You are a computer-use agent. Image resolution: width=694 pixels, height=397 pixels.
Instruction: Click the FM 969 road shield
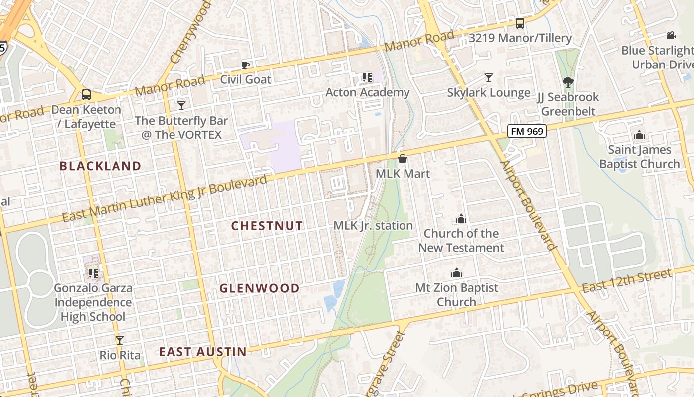526,132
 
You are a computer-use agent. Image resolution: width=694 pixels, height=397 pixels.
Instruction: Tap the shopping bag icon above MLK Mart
403,159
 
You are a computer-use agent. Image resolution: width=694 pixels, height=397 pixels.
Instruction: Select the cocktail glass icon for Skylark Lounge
489,78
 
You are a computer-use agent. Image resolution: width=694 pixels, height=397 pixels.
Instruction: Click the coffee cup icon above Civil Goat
245,65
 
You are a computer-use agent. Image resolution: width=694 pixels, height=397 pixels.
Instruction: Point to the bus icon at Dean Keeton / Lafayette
86,95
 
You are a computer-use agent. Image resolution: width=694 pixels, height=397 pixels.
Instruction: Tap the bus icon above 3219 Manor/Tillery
520,23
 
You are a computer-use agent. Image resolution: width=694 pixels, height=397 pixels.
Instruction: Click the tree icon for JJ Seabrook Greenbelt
568,82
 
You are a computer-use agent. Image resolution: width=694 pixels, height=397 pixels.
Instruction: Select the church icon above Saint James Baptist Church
639,135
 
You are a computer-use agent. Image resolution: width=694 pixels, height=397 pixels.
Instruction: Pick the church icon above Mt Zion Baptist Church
456,273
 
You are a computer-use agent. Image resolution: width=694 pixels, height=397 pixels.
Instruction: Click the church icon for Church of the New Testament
461,219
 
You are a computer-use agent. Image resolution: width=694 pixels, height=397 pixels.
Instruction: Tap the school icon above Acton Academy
367,77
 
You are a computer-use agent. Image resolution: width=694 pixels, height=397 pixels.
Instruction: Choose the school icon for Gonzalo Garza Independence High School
93,273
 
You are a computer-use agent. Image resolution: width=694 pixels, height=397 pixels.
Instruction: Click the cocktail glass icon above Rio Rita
119,340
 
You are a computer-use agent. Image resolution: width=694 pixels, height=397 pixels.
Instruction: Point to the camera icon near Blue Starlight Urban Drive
671,36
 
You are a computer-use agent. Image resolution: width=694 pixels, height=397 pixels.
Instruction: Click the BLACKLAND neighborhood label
101,166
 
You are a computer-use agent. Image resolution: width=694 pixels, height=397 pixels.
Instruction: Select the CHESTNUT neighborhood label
267,226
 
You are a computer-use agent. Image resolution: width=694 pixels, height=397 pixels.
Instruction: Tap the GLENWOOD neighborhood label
259,288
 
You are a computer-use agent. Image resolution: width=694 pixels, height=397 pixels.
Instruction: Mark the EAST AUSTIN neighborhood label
203,352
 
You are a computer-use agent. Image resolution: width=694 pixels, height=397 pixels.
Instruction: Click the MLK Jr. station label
373,226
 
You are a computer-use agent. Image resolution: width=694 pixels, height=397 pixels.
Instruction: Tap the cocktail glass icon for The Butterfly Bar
181,105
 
